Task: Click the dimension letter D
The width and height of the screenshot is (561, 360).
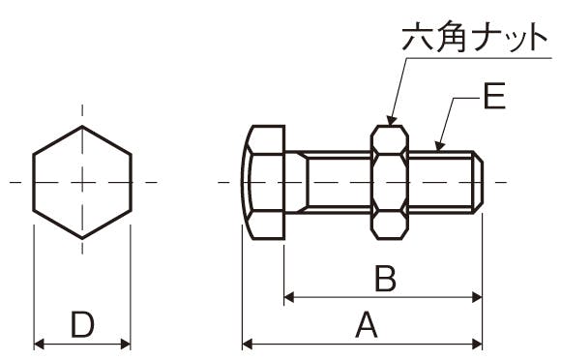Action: (x=82, y=324)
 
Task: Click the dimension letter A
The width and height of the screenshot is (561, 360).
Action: (x=367, y=324)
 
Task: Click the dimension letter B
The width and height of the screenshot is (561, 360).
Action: (x=386, y=278)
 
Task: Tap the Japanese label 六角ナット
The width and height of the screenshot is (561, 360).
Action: (x=474, y=37)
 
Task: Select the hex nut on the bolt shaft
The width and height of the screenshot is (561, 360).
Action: (x=390, y=182)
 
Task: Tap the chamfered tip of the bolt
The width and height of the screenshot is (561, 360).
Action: (x=478, y=182)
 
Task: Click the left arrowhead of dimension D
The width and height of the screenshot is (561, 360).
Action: (x=39, y=345)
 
